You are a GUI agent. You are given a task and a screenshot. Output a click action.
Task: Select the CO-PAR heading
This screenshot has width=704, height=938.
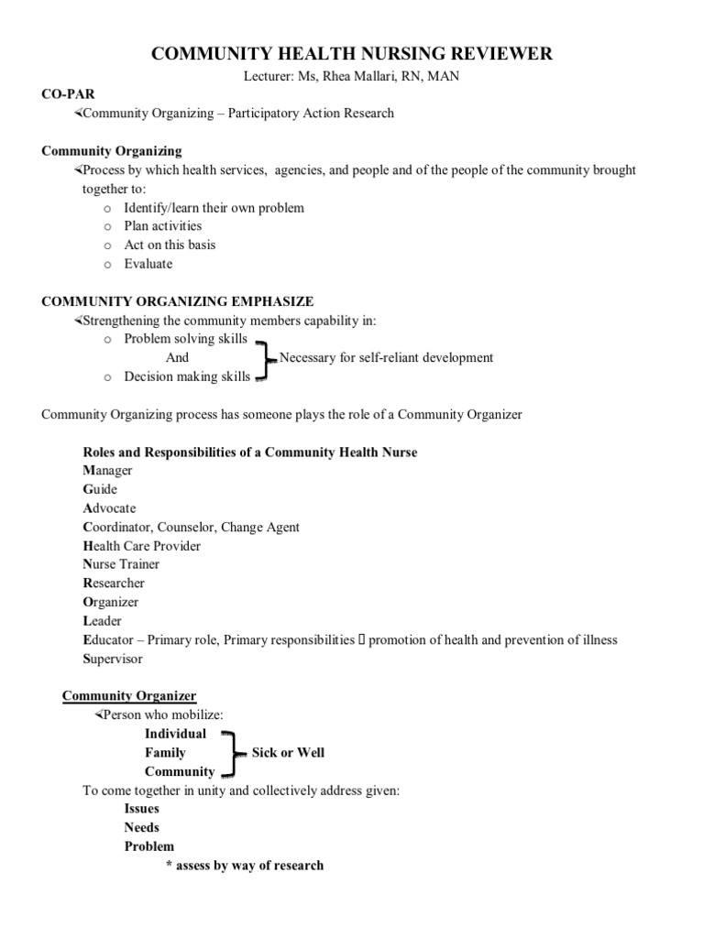point(68,94)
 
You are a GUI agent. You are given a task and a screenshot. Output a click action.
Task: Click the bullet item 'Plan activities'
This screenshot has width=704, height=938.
point(163,226)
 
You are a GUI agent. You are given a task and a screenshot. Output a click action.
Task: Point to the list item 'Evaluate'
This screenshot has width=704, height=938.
point(148,264)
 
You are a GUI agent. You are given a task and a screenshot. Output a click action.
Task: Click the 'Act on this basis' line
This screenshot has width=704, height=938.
point(170,245)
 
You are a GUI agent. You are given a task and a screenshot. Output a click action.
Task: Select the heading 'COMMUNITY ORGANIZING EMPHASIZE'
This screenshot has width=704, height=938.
point(178,301)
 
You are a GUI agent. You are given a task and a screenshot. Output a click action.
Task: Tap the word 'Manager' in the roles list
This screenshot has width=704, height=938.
point(107,471)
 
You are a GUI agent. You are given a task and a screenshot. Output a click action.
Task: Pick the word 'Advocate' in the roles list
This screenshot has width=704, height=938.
point(109,508)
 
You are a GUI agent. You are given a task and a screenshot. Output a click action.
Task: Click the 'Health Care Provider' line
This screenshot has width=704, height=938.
point(141,546)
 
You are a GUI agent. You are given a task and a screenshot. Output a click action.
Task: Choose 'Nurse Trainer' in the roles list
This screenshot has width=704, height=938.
point(120,564)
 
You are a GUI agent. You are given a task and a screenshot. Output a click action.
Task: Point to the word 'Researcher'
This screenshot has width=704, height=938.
point(114,584)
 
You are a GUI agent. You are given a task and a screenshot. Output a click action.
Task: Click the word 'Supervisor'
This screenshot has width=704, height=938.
point(113,659)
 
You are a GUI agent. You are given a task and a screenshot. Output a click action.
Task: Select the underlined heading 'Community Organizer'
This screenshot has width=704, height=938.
point(129,696)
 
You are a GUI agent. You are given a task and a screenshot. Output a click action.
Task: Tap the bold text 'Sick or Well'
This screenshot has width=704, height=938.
point(288,753)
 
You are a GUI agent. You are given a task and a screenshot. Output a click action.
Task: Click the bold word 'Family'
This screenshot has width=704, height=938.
point(165,753)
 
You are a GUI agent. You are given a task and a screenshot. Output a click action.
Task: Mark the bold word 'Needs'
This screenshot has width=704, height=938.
point(142,828)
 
